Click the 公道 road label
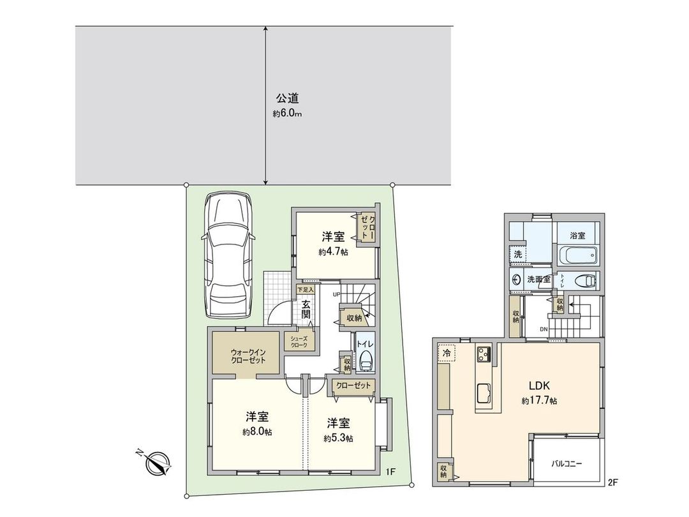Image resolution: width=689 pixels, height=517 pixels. point(287,99)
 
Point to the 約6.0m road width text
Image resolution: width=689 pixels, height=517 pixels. point(287,114)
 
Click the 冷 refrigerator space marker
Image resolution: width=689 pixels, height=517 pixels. point(447,353)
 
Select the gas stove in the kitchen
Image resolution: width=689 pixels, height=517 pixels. point(482,353)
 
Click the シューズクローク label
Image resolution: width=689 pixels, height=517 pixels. point(299,342)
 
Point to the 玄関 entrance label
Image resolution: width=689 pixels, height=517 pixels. point(306,310)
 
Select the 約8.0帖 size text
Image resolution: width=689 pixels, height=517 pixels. point(257,432)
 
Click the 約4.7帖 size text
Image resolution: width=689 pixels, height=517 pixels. point(333,251)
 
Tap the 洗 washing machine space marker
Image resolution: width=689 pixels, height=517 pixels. point(518,254)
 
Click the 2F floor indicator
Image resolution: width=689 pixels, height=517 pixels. point(613,483)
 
